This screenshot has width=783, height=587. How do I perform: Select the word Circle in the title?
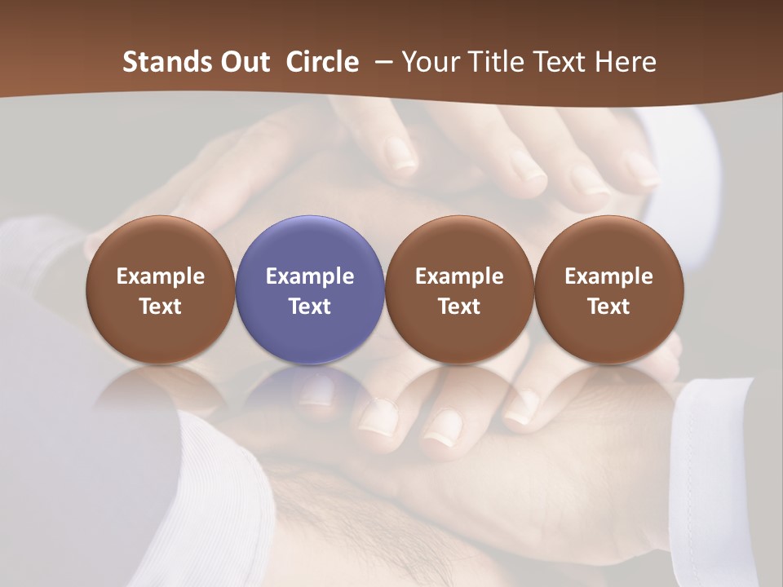[322, 62]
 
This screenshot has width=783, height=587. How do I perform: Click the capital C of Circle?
[294, 62]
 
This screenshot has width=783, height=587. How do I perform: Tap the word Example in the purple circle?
[310, 276]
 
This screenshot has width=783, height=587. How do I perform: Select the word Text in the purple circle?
[310, 307]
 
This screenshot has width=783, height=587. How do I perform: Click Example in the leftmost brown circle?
[161, 276]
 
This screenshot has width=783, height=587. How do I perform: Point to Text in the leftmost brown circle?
[161, 307]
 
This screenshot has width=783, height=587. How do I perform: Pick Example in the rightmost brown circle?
[608, 276]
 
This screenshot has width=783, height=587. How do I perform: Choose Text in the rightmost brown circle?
[608, 307]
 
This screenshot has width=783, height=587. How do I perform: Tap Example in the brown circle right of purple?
[459, 276]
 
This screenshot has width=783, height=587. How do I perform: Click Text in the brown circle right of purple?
[459, 307]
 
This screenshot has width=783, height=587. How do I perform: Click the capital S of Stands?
[130, 62]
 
